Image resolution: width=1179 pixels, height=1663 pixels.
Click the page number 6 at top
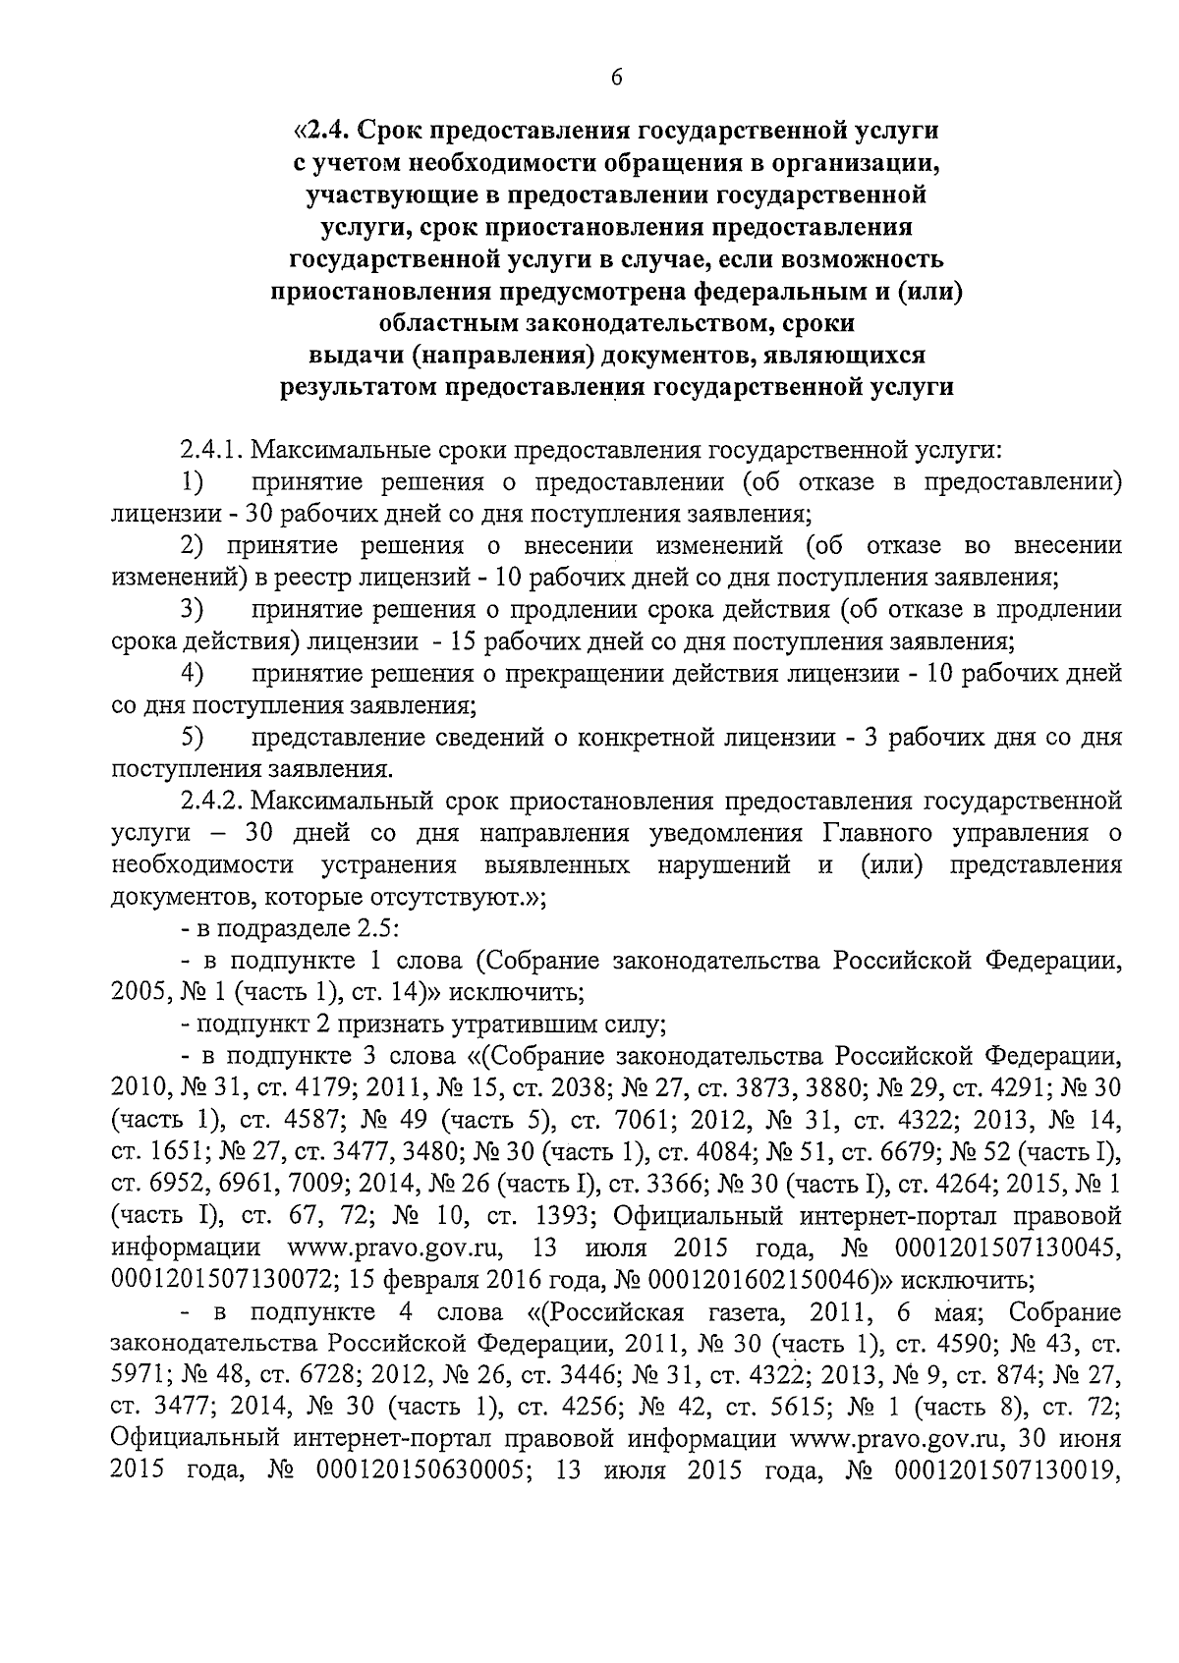click(x=616, y=79)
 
